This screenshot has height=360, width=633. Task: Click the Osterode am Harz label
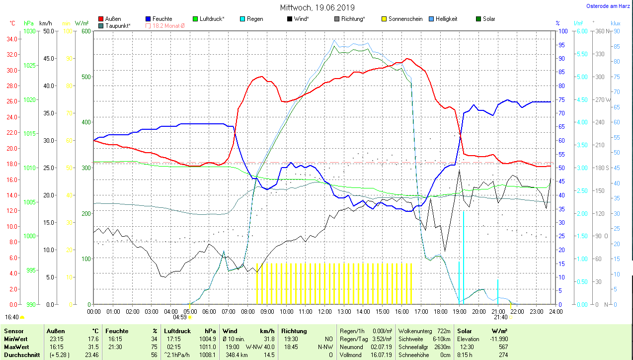click(609, 6)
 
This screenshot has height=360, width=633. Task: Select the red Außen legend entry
click(110, 19)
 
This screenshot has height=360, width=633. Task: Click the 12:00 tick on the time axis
click(324, 311)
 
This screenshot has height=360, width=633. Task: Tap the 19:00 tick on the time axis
click(460, 311)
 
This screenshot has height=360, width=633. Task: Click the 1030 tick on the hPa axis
click(30, 31)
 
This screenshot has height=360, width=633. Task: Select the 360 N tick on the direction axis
click(601, 31)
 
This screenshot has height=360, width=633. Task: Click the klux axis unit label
click(615, 23)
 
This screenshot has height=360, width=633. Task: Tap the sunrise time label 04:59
click(179, 317)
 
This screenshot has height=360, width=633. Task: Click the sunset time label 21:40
click(500, 317)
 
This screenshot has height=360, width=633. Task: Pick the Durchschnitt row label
click(19, 355)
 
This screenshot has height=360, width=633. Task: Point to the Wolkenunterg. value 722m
click(444, 331)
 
